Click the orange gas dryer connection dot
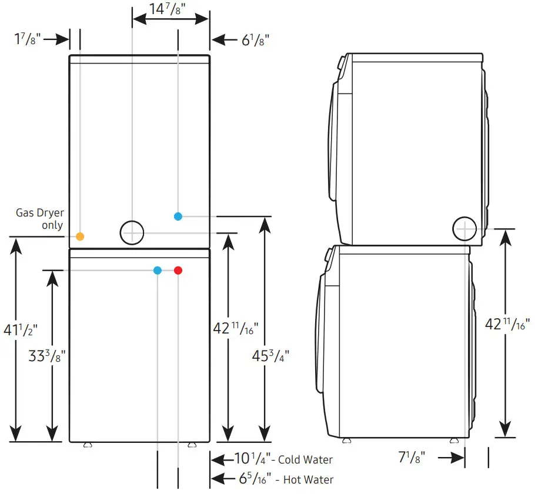click(x=80, y=236)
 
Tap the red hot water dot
click(x=178, y=271)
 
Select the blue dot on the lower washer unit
click(x=158, y=271)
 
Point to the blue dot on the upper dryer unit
click(x=178, y=216)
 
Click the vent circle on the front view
click(x=132, y=232)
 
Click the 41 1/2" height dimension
click(x=21, y=330)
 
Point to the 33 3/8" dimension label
click(x=46, y=356)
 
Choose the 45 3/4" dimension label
click(x=270, y=356)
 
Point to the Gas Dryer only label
click(x=40, y=219)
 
